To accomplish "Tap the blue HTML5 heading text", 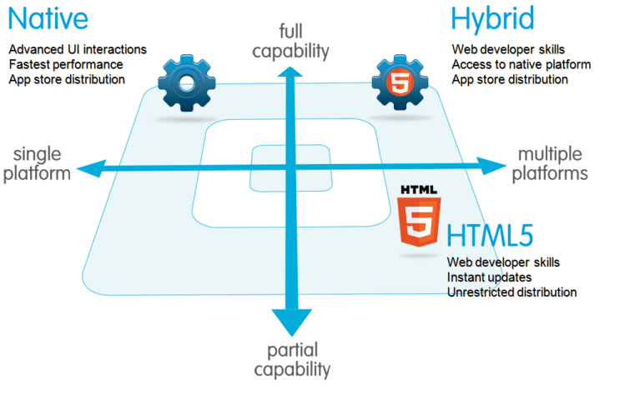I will tap(489, 236).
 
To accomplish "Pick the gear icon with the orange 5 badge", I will tap(396, 82).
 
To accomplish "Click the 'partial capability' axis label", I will tap(292, 359).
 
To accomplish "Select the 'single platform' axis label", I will tap(37, 162).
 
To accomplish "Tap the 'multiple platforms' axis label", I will tap(550, 163).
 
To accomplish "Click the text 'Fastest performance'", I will tap(66, 64).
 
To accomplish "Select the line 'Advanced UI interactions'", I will tap(78, 49).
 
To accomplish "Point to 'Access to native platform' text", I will tap(522, 64).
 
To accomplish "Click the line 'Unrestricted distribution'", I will tap(512, 292).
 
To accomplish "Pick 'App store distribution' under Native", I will tap(67, 79).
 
